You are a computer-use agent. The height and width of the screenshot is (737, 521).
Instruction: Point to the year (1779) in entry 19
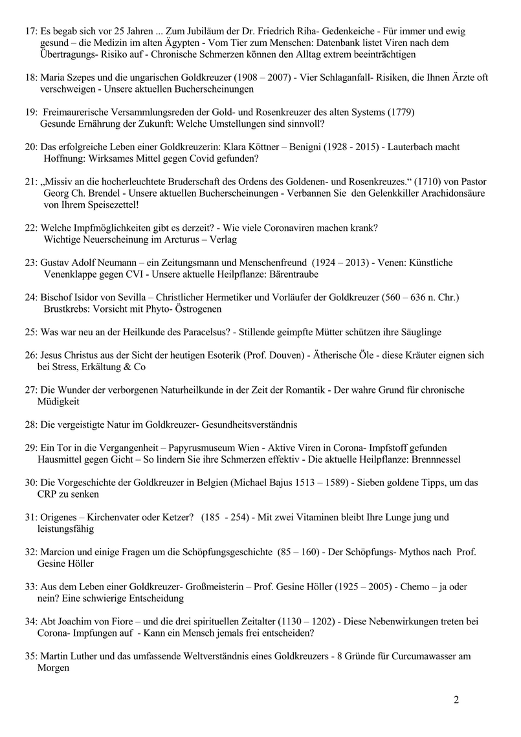click(401, 112)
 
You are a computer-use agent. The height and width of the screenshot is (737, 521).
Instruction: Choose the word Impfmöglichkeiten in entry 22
click(111, 228)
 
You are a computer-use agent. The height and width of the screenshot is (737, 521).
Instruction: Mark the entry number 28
click(31, 425)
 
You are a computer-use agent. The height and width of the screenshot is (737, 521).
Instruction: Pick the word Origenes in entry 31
click(60, 518)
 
